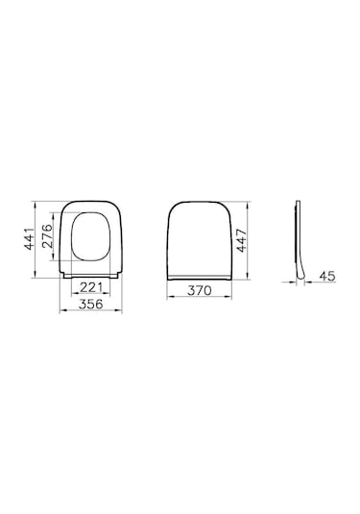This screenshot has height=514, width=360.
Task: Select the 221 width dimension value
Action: [91, 286]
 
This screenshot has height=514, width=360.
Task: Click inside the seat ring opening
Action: [91, 238]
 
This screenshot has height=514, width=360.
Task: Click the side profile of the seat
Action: [300, 240]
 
